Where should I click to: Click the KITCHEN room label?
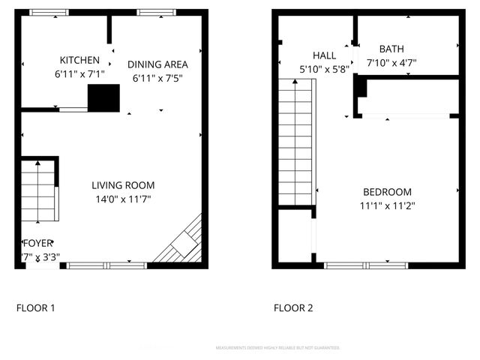79,61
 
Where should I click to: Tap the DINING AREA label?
157,64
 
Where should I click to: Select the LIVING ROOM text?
123,185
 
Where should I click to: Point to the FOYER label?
37,243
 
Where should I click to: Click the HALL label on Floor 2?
324,55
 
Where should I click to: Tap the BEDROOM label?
388,191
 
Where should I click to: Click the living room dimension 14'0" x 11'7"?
123,199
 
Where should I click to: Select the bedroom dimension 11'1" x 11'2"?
388,205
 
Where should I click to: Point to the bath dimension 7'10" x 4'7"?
391,64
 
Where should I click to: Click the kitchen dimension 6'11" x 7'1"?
79,74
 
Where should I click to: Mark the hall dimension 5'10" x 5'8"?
324,69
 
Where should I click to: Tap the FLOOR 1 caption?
35,307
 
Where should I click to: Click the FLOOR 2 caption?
292,307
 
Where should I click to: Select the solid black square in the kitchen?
104,98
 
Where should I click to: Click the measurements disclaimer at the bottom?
277,348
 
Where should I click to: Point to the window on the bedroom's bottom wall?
366,265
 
